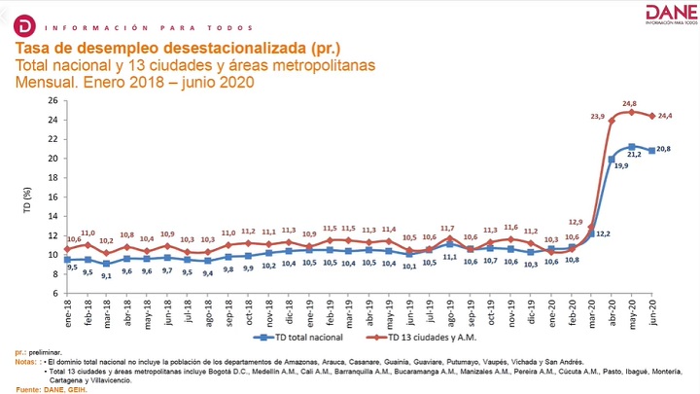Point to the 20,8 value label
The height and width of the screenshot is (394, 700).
666,149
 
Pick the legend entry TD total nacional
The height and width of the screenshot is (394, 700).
301,338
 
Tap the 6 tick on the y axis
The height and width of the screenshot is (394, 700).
55,293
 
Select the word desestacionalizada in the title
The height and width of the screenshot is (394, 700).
220,48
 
